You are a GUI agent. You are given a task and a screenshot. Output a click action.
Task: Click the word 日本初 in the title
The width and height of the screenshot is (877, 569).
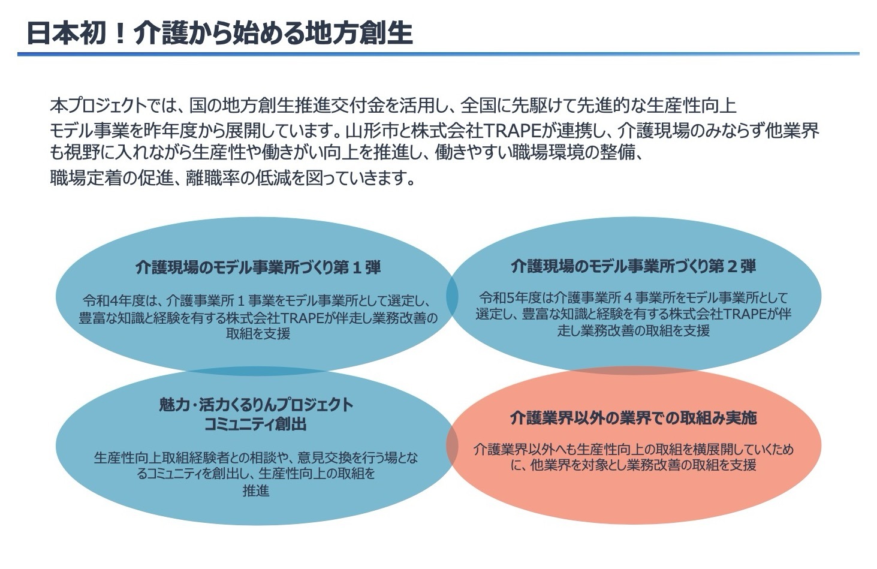click(x=67, y=33)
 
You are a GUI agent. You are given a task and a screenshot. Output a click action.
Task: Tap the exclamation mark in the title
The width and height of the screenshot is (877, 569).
click(x=120, y=34)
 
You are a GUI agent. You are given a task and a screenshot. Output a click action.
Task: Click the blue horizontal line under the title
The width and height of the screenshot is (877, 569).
click(x=439, y=53)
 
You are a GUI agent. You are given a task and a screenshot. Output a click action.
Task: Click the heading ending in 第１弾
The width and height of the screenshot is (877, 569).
click(x=258, y=267)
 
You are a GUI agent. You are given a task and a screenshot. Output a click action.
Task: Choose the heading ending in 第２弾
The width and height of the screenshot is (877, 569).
click(x=634, y=266)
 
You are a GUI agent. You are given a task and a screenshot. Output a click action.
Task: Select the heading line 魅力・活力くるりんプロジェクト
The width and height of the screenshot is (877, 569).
click(x=256, y=405)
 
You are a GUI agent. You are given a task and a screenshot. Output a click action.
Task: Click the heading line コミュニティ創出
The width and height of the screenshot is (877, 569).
click(x=255, y=424)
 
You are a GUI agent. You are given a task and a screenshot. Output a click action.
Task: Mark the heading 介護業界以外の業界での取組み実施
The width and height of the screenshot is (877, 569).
click(x=633, y=419)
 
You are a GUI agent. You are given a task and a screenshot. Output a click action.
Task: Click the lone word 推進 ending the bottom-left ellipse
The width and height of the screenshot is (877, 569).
click(x=256, y=490)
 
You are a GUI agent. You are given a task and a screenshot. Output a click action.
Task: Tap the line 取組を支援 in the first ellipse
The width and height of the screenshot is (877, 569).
click(x=258, y=333)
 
